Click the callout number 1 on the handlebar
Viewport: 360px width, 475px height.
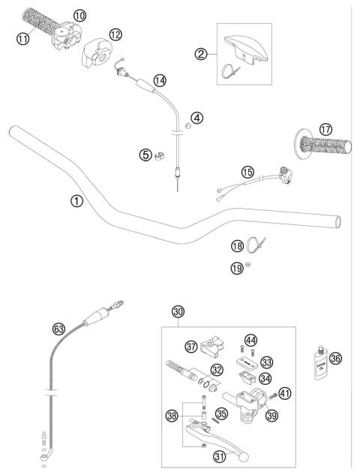pos(75,200)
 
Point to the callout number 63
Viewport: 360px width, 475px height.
pos(58,328)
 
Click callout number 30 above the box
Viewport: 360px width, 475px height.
pos(178,311)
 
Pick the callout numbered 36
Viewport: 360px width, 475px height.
pos(335,359)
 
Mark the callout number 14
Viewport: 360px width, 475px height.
pos(158,80)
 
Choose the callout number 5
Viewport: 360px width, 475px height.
pos(145,155)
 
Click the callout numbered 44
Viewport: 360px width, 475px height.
pos(251,340)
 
